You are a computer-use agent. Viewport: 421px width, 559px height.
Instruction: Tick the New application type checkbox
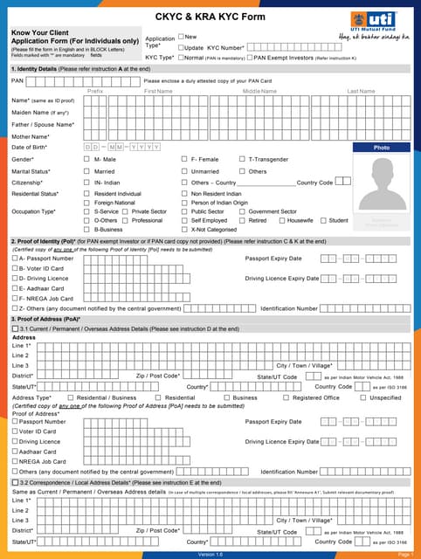click(x=181, y=37)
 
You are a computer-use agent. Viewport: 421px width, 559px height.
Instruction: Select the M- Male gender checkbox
click(x=86, y=160)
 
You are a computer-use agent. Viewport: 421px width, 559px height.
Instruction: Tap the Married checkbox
click(x=86, y=171)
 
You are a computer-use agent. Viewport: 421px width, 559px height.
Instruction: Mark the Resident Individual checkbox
click(x=86, y=193)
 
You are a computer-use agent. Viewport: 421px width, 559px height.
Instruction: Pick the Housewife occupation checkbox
click(x=281, y=220)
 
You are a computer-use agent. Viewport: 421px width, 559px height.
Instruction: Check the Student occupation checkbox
click(x=323, y=220)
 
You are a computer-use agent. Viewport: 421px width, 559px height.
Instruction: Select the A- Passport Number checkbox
click(x=15, y=259)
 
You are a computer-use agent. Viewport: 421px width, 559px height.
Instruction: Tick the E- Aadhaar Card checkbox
click(x=15, y=287)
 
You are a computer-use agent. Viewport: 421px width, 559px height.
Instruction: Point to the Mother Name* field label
click(x=31, y=137)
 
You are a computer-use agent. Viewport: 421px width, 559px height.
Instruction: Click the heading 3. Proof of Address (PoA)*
click(x=45, y=319)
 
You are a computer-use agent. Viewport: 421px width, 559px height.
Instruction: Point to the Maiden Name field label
click(x=40, y=113)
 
